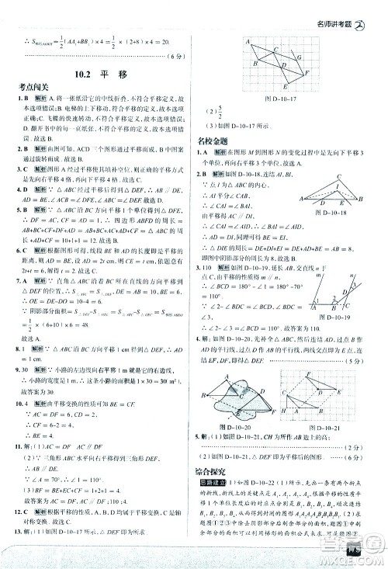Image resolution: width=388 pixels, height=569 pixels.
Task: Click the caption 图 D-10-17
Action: pyautogui.click(x=282, y=99)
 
